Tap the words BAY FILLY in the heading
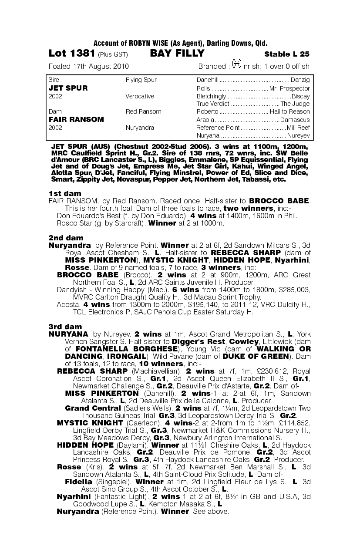click(x=177, y=54)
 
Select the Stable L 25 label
click(x=287, y=54)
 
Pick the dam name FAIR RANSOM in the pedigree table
click(x=76, y=119)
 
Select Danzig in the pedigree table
click(x=301, y=80)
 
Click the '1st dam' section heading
click(x=64, y=193)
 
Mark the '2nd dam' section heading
click(x=66, y=238)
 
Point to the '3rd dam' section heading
click(x=65, y=327)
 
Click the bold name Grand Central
click(x=93, y=408)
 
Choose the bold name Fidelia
click(x=78, y=482)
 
